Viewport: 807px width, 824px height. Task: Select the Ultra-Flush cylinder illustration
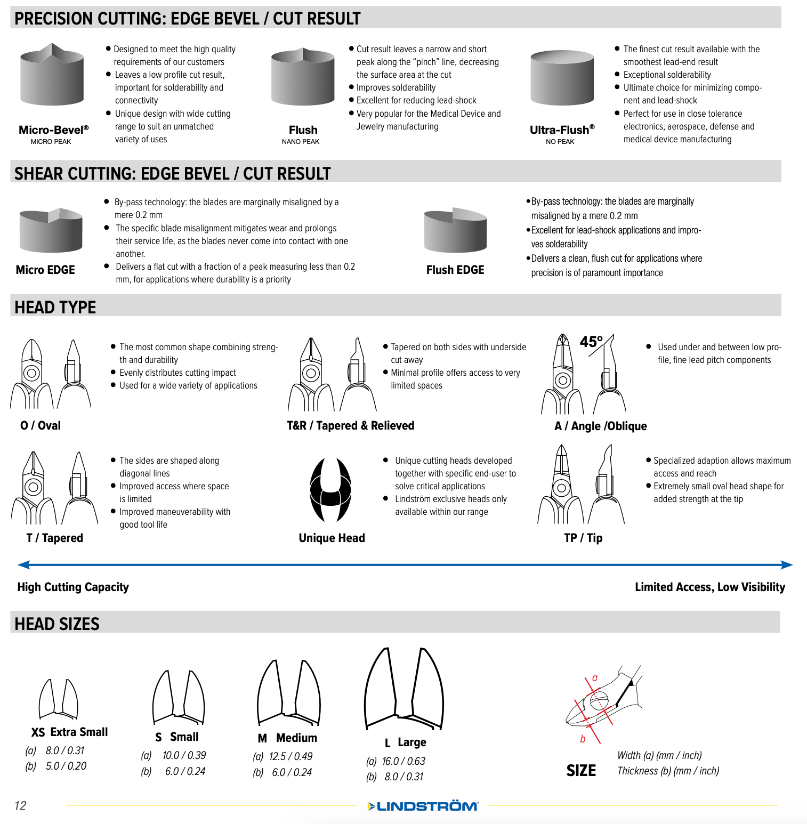[562, 78]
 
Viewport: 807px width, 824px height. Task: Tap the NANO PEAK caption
[301, 142]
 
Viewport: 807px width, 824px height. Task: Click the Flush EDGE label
[455, 270]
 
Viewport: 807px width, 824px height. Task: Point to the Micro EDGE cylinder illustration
[51, 230]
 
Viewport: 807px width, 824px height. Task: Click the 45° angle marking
[591, 341]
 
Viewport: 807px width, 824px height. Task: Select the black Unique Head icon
[330, 490]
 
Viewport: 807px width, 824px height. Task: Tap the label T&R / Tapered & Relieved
[350, 425]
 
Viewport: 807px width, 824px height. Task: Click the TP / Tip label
[583, 538]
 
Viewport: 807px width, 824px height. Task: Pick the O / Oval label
[41, 425]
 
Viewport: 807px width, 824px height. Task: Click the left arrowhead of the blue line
[23, 564]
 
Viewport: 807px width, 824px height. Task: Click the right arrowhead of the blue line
[787, 565]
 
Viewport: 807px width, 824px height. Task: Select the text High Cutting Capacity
[73, 587]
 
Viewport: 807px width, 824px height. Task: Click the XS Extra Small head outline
[59, 699]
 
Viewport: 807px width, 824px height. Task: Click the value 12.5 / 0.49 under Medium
[290, 756]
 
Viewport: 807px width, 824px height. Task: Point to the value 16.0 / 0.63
[404, 761]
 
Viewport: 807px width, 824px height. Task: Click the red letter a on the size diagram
[595, 678]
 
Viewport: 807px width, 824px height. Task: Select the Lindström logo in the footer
[423, 806]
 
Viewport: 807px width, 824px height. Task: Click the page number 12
[20, 805]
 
